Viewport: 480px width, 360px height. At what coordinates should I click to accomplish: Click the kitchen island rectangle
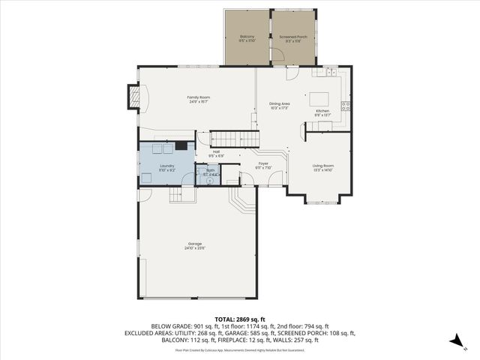coord(320,97)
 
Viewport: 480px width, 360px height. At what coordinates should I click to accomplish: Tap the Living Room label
coord(323,167)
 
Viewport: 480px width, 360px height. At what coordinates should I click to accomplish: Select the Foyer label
coord(263,164)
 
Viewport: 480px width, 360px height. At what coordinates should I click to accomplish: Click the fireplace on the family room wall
coord(133,95)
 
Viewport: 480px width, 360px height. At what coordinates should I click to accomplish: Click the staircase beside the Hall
coord(232,138)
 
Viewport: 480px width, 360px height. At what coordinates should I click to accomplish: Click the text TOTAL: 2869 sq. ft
coord(239,319)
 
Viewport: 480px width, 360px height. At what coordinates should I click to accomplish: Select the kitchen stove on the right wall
coord(346,106)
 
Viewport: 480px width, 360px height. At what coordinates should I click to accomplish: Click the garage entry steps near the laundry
coord(178,195)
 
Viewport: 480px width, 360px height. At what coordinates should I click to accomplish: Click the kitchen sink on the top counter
coord(327,72)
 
